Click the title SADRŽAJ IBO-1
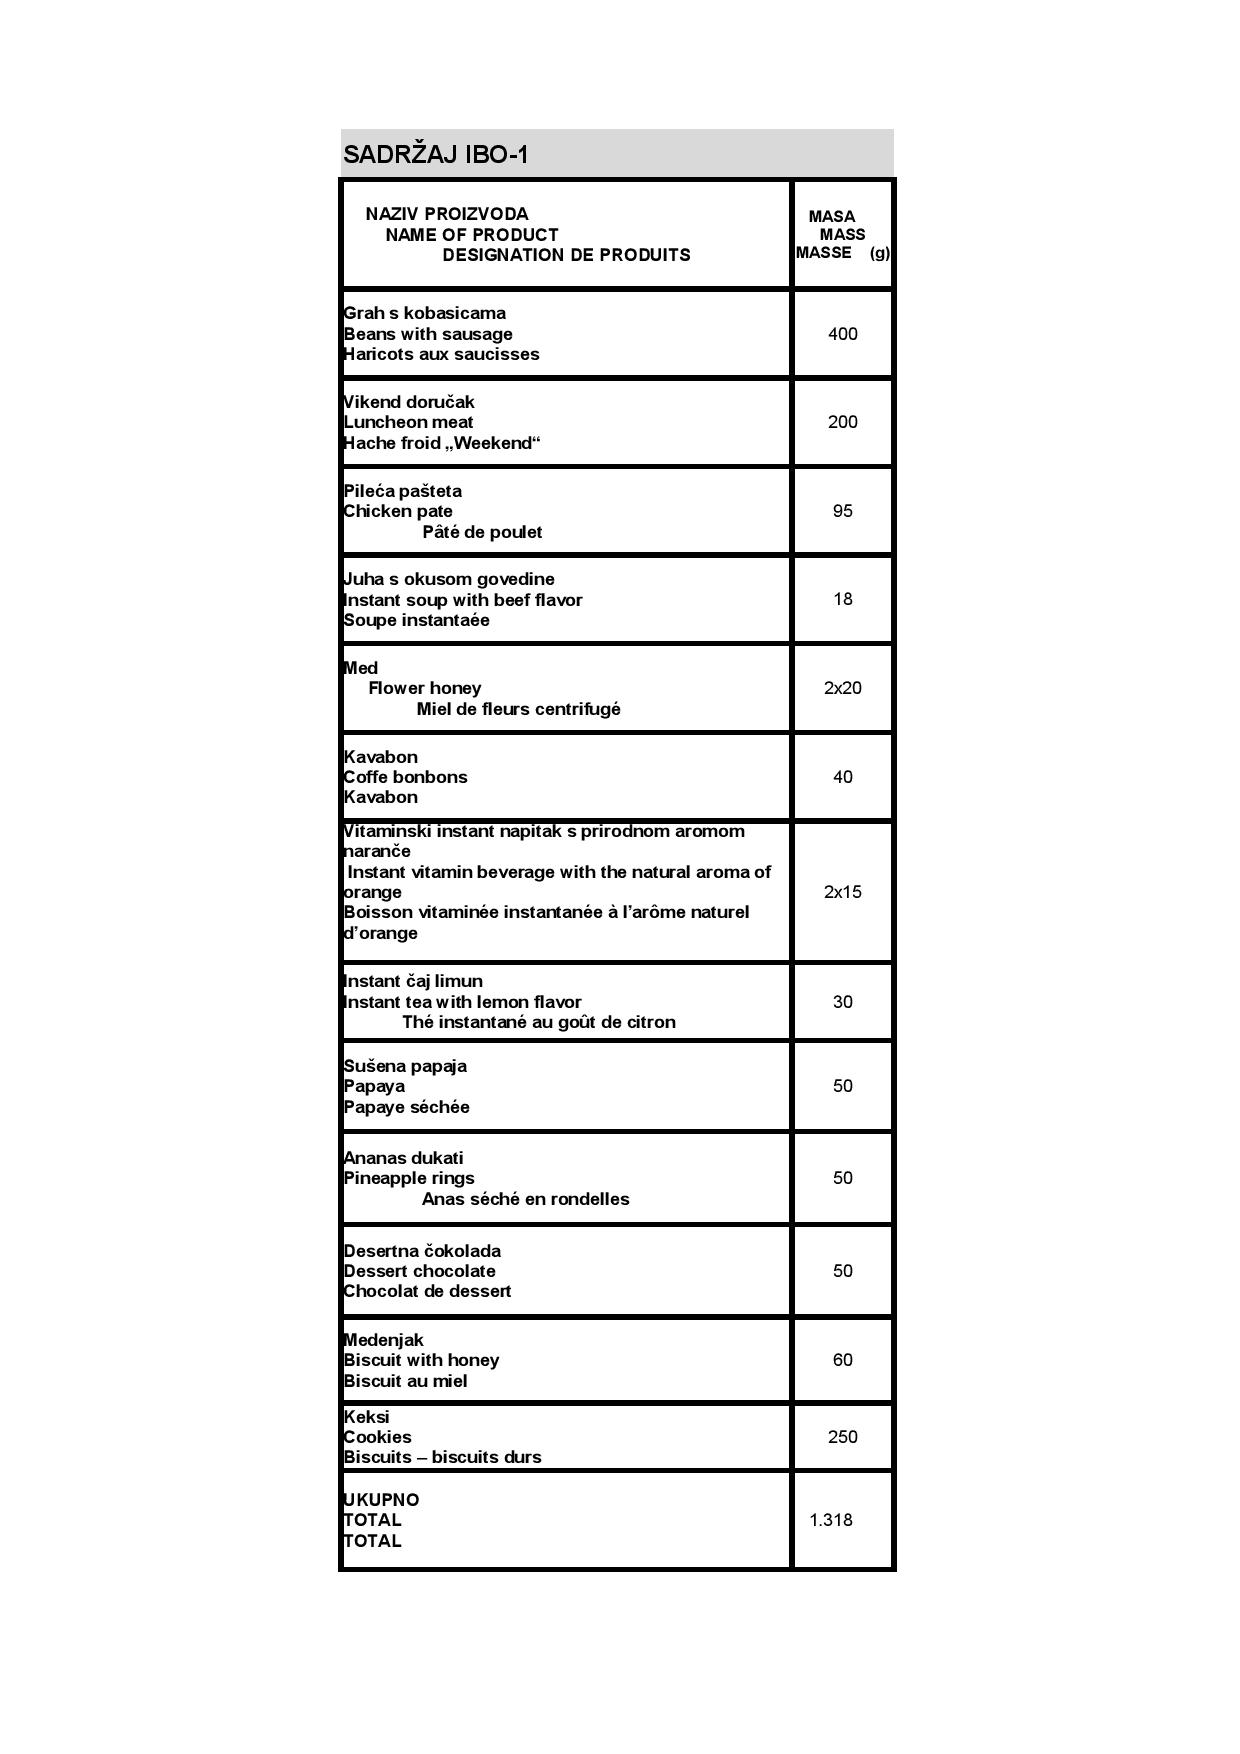[435, 155]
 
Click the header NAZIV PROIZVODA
[447, 214]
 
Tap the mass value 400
[842, 334]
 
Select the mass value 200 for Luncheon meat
[842, 422]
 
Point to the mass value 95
[842, 511]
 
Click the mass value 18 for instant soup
[842, 599]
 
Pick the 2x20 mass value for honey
[842, 688]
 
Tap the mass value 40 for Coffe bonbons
[842, 777]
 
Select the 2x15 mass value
[842, 892]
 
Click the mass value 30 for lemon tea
[842, 1002]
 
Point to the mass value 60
[842, 1360]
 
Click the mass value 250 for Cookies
[842, 1437]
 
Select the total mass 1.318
[831, 1520]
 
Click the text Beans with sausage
[428, 334]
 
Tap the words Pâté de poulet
[482, 532]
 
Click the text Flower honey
[424, 688]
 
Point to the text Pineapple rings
[409, 1178]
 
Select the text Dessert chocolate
[419, 1271]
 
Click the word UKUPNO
[381, 1500]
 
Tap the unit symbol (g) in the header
[879, 253]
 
